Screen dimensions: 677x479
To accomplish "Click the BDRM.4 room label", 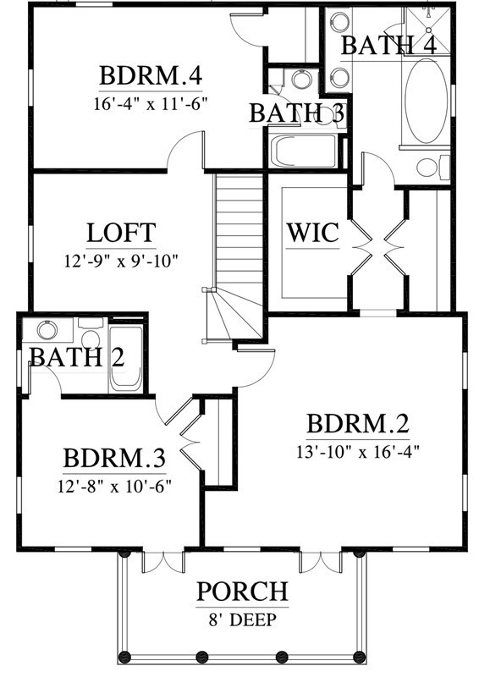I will pyautogui.click(x=151, y=76).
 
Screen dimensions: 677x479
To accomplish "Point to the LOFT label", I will pyautogui.click(x=121, y=232).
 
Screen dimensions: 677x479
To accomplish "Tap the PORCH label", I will pyautogui.click(x=242, y=592).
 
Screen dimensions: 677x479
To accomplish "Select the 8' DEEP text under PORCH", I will pyautogui.click(x=242, y=619).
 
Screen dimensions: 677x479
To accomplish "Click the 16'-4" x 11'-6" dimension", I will pyautogui.click(x=151, y=104).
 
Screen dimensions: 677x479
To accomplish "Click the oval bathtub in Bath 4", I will pyautogui.click(x=422, y=102).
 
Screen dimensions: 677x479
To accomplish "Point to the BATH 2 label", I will pyautogui.click(x=77, y=356).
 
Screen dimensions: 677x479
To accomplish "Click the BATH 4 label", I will pyautogui.click(x=388, y=45).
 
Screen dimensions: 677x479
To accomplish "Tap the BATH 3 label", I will pyautogui.click(x=297, y=113).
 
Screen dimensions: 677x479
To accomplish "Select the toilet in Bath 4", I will pyautogui.click(x=427, y=167).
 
